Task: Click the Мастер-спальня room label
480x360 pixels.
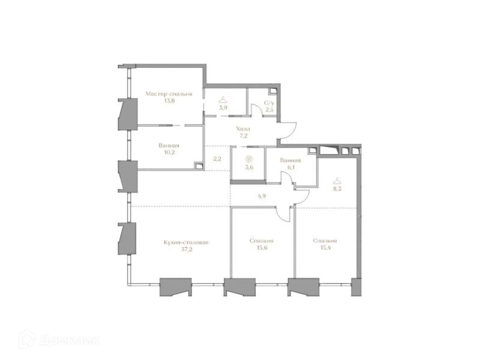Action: [x=169, y=94]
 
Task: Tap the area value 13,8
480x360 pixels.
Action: [x=169, y=101]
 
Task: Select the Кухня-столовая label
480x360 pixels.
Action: [x=186, y=242]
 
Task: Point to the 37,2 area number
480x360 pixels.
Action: [x=186, y=249]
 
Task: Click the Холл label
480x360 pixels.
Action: [x=243, y=129]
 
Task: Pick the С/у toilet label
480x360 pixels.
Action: [x=269, y=103]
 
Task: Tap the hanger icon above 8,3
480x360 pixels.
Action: [x=337, y=181]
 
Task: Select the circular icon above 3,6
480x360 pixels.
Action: [x=249, y=159]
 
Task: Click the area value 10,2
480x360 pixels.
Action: [x=169, y=152]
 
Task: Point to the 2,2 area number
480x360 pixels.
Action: [x=217, y=159]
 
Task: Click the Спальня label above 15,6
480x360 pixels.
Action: [x=261, y=241]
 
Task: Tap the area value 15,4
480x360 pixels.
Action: [x=325, y=248]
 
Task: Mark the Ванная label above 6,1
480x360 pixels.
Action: [x=290, y=160]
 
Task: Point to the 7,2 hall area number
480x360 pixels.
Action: [x=243, y=136]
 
